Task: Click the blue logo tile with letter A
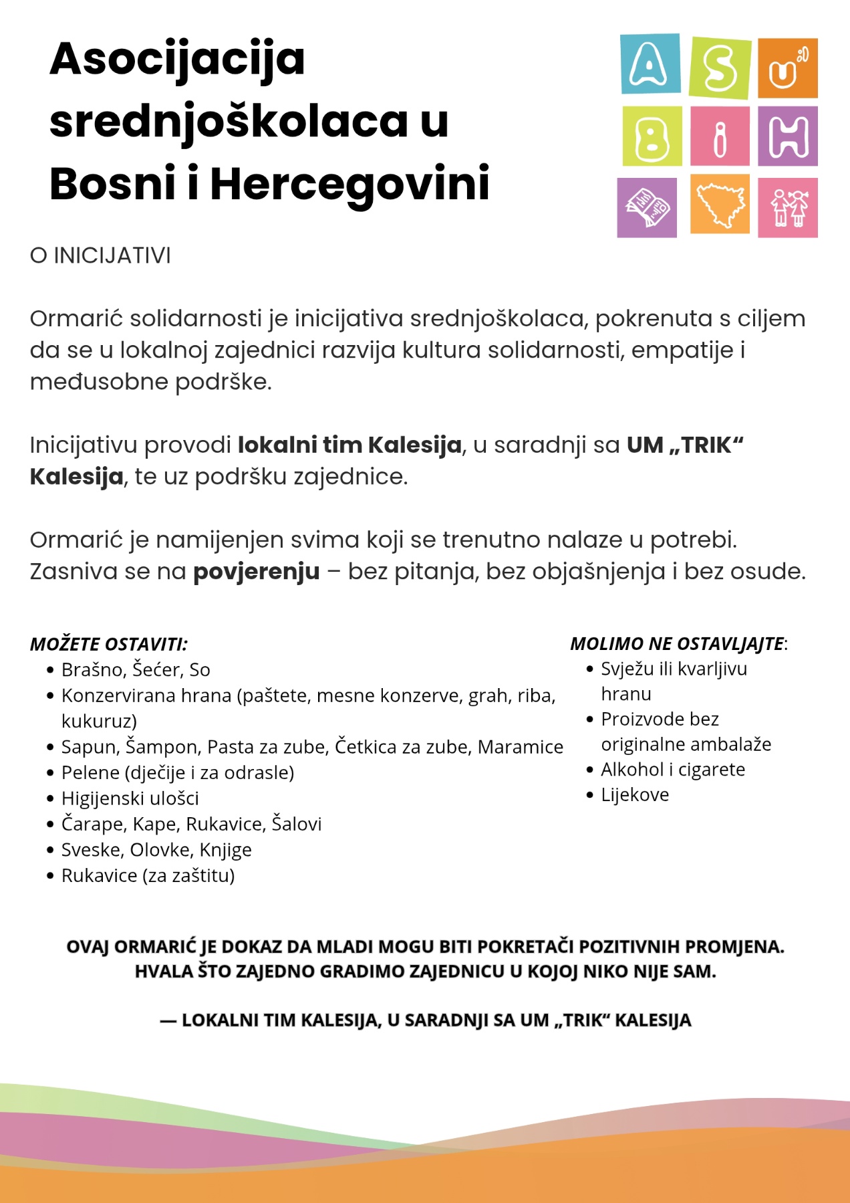pyautogui.click(x=650, y=64)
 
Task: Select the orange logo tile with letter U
pyautogui.click(x=788, y=68)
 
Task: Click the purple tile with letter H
pyautogui.click(x=788, y=136)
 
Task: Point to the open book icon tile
pyautogui.click(x=646, y=207)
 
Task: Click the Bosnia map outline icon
pyautogui.click(x=720, y=205)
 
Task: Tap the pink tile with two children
pyautogui.click(x=788, y=207)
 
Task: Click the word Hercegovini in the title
pyautogui.click(x=349, y=184)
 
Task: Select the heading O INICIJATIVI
pyautogui.click(x=100, y=255)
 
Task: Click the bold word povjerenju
pyautogui.click(x=256, y=572)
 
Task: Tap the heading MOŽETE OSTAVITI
pyautogui.click(x=108, y=644)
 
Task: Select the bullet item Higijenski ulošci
pyautogui.click(x=130, y=798)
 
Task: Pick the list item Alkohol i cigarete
pyautogui.click(x=672, y=769)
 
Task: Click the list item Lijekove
pyautogui.click(x=634, y=794)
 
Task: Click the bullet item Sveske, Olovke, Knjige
pyautogui.click(x=156, y=849)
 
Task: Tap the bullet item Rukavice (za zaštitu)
pyautogui.click(x=148, y=875)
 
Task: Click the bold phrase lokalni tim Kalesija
pyautogui.click(x=349, y=445)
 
